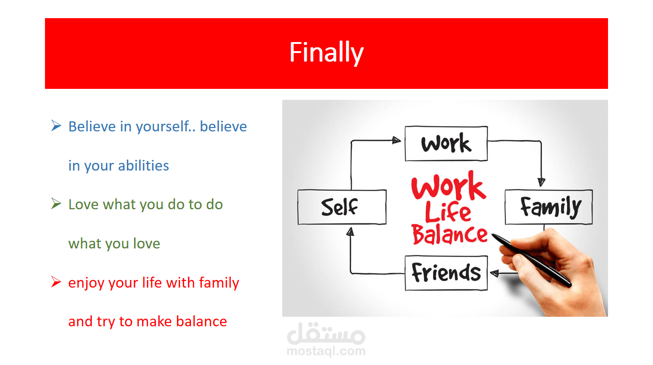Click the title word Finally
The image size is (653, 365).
pyautogui.click(x=326, y=53)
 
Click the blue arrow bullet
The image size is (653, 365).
pyautogui.click(x=56, y=126)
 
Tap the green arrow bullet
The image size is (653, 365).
pyautogui.click(x=56, y=204)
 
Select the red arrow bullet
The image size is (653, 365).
pyautogui.click(x=56, y=281)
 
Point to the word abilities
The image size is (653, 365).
pyautogui.click(x=143, y=165)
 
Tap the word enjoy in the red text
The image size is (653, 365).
pyautogui.click(x=86, y=283)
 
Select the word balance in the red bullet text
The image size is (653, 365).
pyautogui.click(x=201, y=322)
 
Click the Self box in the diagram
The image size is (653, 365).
pyautogui.click(x=342, y=207)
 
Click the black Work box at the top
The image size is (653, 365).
pyautogui.click(x=446, y=143)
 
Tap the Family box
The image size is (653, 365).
pyautogui.click(x=549, y=207)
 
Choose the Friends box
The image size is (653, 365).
pyautogui.click(x=446, y=273)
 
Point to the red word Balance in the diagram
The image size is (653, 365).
pyautogui.click(x=450, y=235)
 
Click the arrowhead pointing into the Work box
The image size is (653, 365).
pyautogui.click(x=397, y=140)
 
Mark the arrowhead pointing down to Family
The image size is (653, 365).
pyautogui.click(x=542, y=182)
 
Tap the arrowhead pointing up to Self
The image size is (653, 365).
pyautogui.click(x=350, y=232)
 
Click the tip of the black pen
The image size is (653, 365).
pyautogui.click(x=492, y=234)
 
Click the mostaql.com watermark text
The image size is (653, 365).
pyautogui.click(x=326, y=351)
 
